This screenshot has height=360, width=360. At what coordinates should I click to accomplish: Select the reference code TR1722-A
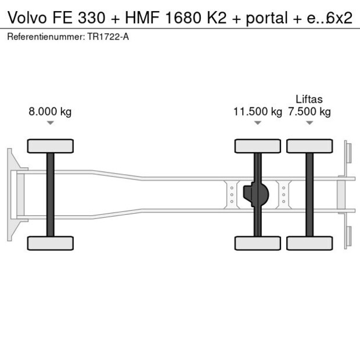tap(108, 37)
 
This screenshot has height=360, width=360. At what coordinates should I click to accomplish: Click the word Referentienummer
tap(45, 37)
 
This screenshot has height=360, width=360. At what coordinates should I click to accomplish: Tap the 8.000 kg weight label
tap(50, 112)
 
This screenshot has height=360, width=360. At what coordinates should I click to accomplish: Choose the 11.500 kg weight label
tap(257, 112)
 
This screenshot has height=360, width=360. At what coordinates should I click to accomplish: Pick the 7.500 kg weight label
tap(309, 112)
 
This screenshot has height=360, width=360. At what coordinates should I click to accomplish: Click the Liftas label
tap(309, 99)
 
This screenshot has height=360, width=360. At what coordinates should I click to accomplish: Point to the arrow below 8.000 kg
tap(51, 123)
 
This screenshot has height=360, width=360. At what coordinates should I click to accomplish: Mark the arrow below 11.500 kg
tap(257, 123)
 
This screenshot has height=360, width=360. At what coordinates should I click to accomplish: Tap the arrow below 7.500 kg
tap(309, 123)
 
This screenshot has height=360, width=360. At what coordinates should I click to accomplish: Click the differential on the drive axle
tap(257, 195)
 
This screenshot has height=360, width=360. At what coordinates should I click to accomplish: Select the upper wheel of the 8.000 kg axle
tap(51, 146)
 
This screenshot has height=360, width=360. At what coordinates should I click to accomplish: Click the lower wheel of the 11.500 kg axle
tap(257, 243)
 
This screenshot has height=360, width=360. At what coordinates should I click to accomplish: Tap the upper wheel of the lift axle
tap(309, 146)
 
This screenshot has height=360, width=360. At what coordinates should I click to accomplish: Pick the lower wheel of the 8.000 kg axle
tap(51, 243)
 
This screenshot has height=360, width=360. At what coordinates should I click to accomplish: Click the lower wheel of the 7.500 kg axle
tap(309, 243)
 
